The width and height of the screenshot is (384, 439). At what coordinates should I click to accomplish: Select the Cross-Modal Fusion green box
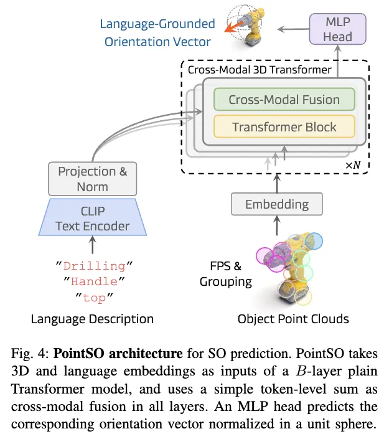tap(284, 100)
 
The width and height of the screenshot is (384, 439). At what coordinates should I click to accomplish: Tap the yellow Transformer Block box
tap(284, 127)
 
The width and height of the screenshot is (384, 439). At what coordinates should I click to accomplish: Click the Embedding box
tap(277, 204)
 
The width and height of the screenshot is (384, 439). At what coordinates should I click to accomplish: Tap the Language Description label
tap(92, 319)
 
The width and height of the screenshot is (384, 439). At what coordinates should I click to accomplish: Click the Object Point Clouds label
tap(293, 319)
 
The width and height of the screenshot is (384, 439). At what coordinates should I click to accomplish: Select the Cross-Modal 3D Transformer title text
tap(260, 70)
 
